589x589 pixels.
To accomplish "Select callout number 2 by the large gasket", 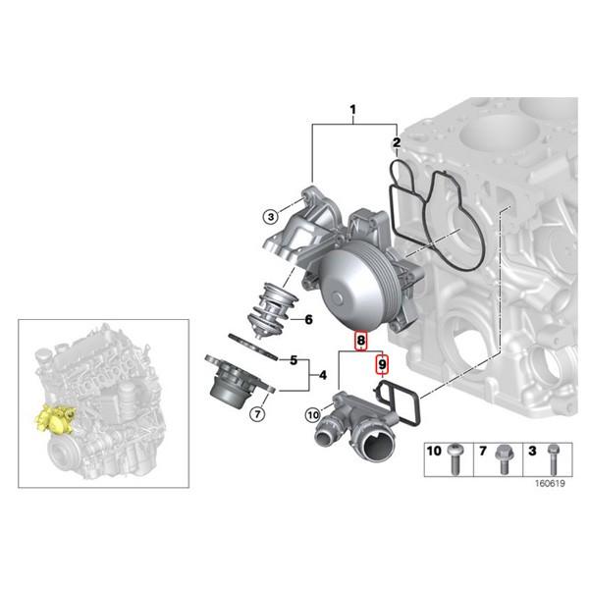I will tap(397, 144).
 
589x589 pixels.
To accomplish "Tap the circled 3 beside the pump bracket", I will tap(268, 215).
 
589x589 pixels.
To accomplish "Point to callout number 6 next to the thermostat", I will tap(308, 319).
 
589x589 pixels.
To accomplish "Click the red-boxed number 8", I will tap(361, 341).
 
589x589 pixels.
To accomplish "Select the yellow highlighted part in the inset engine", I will tap(57, 422).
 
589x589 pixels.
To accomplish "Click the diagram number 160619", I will tap(550, 483).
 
